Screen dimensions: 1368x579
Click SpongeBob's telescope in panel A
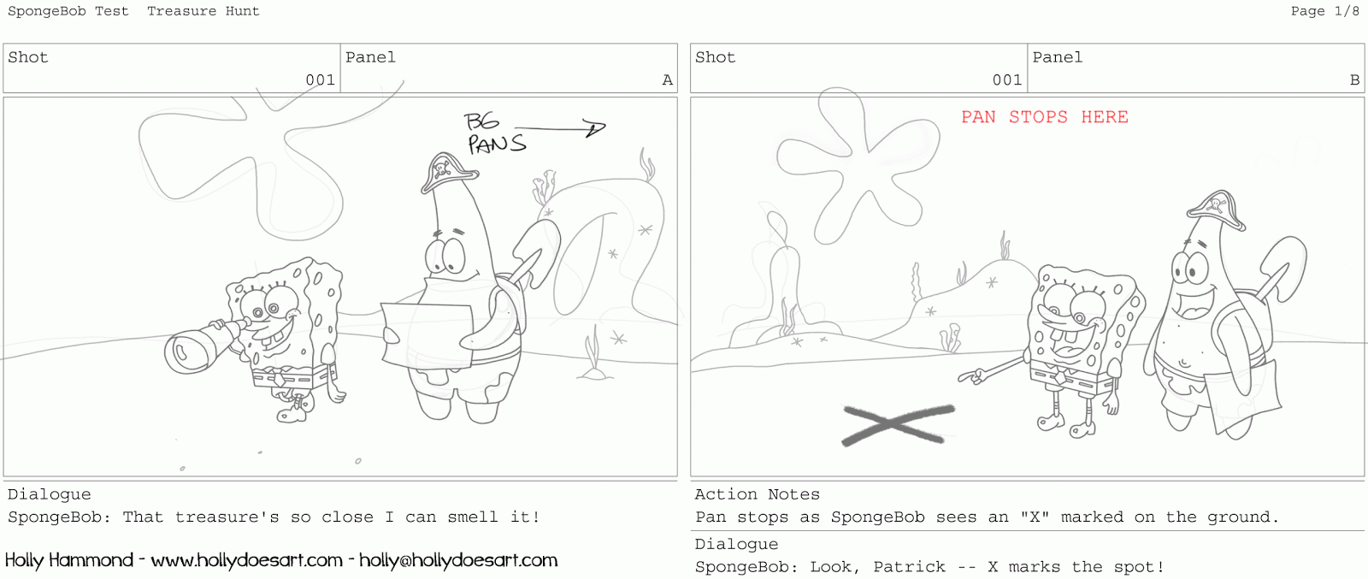click(x=204, y=347)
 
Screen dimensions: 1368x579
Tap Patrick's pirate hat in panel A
click(x=449, y=172)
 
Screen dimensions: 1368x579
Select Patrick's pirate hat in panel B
click(x=1216, y=210)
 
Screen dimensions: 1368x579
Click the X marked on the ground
click(x=897, y=424)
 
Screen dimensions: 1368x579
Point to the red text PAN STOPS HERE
click(x=1044, y=116)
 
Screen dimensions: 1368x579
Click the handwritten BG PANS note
click(x=495, y=133)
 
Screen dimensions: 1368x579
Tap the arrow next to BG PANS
click(x=561, y=128)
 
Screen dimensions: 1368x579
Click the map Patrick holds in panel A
click(x=427, y=334)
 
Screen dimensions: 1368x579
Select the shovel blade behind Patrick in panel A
click(x=535, y=247)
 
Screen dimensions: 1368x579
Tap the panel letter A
click(x=668, y=80)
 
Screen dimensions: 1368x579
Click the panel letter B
click(x=1354, y=80)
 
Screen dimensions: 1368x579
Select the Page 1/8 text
click(x=1325, y=11)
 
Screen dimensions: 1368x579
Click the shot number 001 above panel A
click(x=321, y=80)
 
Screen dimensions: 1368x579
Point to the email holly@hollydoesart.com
click(x=458, y=560)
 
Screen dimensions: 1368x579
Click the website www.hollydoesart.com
click(x=247, y=560)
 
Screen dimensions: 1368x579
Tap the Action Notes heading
click(x=758, y=494)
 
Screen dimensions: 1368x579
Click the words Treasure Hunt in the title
click(x=203, y=11)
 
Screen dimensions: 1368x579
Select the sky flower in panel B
click(x=858, y=165)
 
